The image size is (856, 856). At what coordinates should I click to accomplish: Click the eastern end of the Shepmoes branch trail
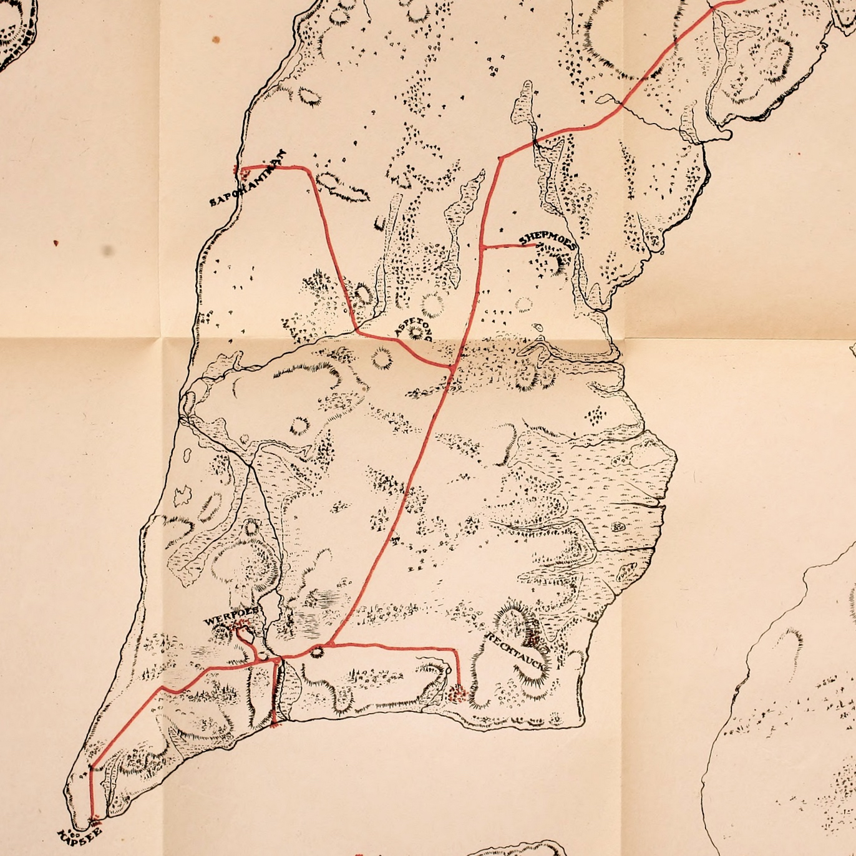(538, 245)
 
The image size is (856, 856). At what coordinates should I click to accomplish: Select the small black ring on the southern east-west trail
(316, 652)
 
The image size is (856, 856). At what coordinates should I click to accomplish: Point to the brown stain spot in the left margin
(56, 243)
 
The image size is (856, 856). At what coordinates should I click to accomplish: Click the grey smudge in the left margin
(109, 251)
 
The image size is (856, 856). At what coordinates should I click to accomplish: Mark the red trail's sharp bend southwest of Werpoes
(163, 688)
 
